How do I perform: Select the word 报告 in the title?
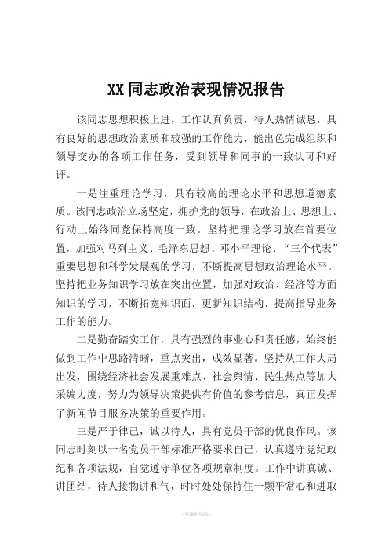[x=270, y=88]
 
